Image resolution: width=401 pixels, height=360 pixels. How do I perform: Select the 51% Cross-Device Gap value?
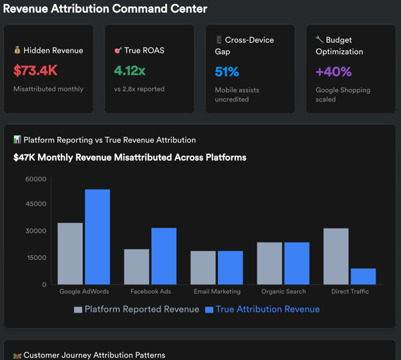coord(227,72)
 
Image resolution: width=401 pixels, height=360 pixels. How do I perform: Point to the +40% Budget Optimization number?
coord(333,72)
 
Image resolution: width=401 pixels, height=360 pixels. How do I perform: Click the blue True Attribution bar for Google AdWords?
coord(97,237)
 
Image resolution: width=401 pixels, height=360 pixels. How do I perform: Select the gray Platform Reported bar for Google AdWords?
coord(70,254)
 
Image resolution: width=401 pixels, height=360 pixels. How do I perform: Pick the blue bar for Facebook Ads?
coord(164,256)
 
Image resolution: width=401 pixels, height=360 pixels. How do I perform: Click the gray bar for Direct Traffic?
coord(336,256)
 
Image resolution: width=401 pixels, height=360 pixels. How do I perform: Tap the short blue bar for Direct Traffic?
coord(363,277)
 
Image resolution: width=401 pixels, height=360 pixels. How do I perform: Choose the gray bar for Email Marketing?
coord(203,268)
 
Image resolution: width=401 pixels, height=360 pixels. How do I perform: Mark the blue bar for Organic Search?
coord(297,263)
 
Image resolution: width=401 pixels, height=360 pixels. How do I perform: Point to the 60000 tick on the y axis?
coord(35,179)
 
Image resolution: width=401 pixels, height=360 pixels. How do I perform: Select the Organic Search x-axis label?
coord(283,292)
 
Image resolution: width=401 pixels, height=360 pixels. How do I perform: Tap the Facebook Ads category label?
coord(150,292)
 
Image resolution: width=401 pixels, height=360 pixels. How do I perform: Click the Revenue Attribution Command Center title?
coord(106,9)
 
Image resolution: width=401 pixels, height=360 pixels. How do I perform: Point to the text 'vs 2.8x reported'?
coord(139,89)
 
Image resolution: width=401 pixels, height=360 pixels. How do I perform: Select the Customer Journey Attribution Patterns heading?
coord(94,355)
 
